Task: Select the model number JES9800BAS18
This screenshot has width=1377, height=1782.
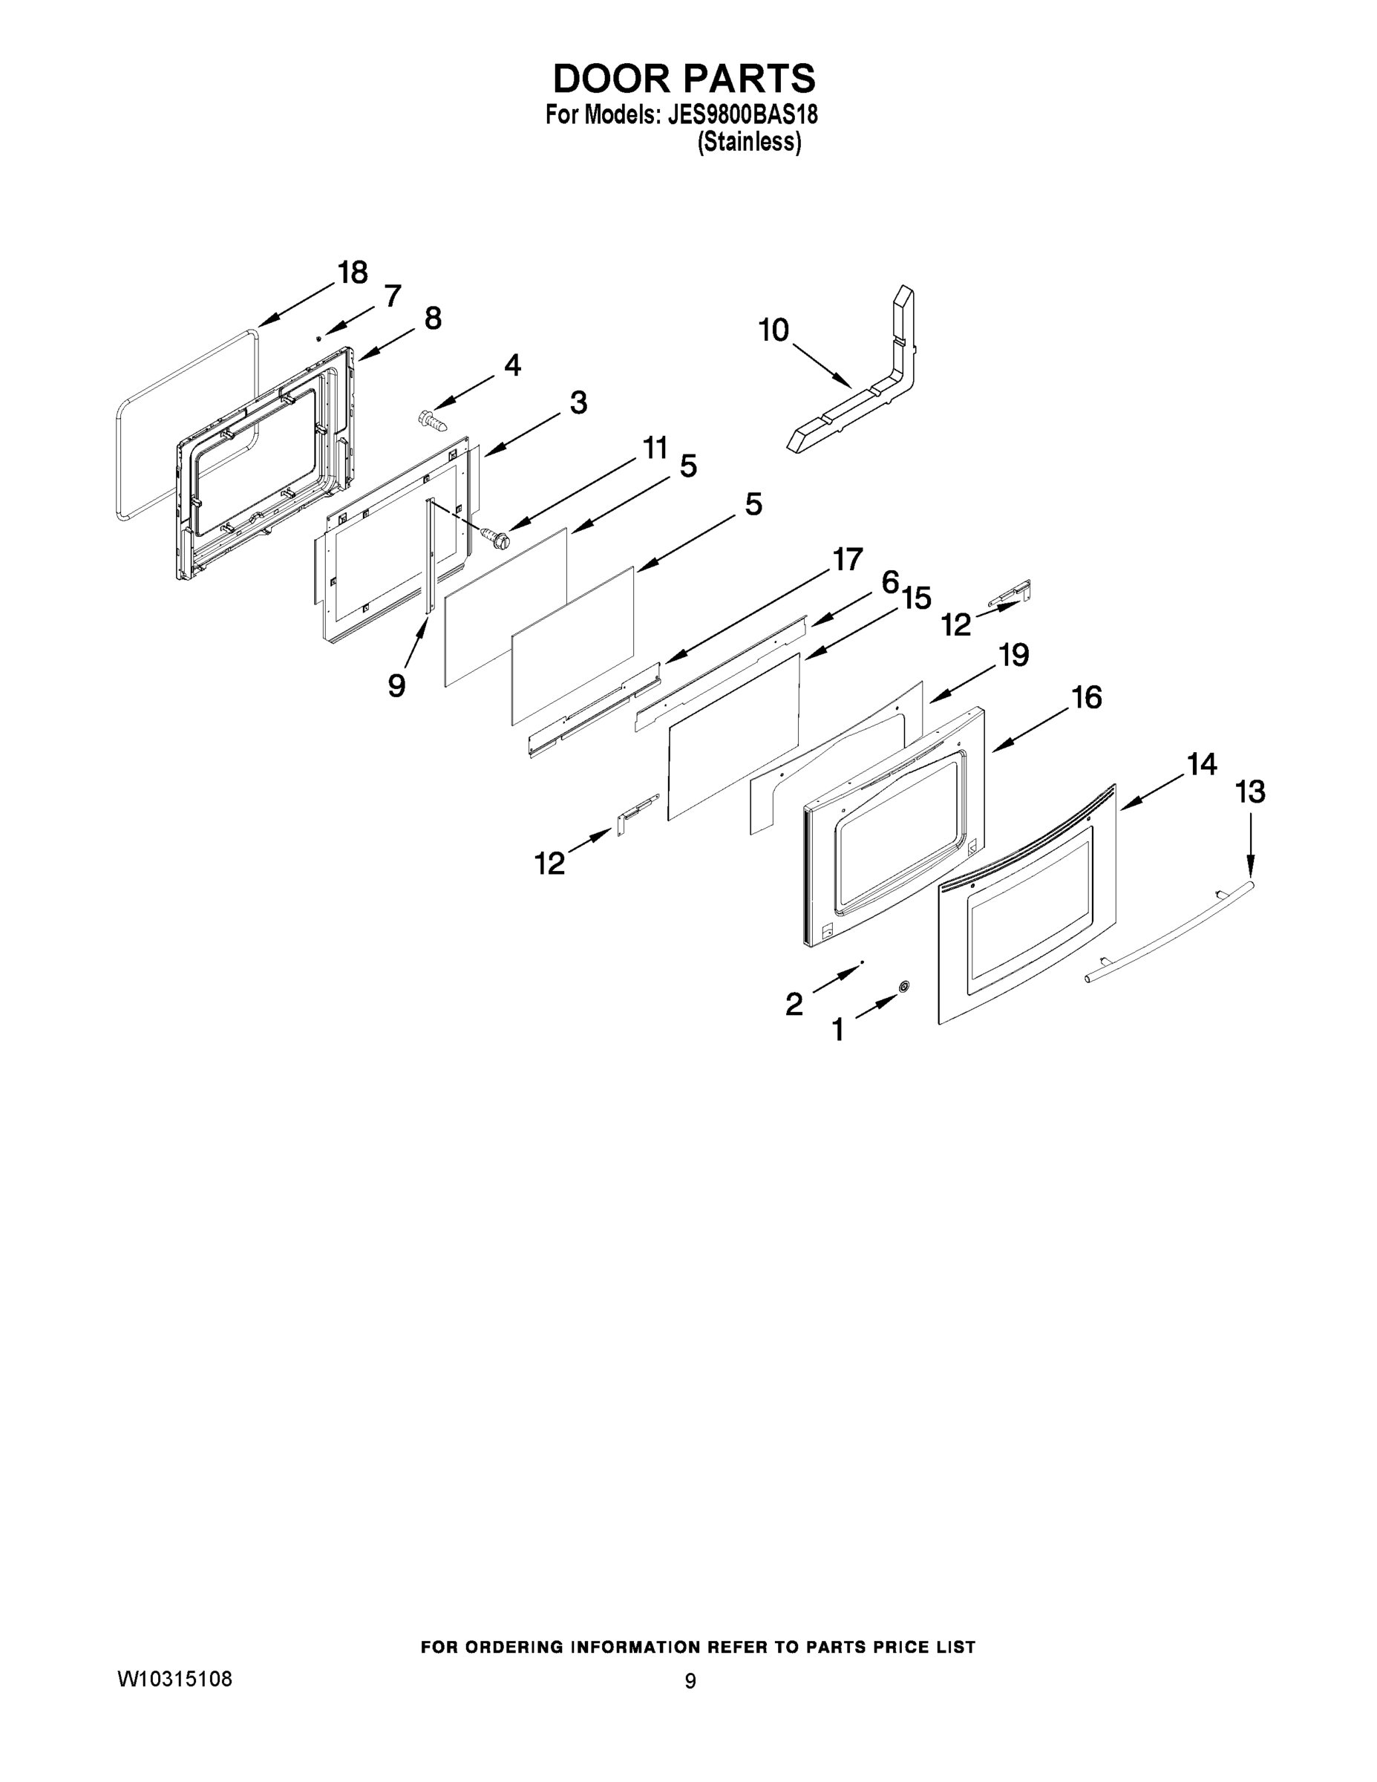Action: [x=742, y=115]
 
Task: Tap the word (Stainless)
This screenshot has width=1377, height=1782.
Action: [x=749, y=142]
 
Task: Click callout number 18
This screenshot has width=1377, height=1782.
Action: [x=353, y=272]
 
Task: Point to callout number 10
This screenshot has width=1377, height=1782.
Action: [x=773, y=330]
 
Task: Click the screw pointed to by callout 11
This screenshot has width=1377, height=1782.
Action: [x=494, y=537]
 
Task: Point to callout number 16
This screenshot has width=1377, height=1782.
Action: [x=1087, y=698]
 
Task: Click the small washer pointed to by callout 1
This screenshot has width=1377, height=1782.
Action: [x=903, y=988]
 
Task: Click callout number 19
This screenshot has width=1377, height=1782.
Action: [x=1014, y=654]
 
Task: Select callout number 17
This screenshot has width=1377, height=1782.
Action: [x=847, y=560]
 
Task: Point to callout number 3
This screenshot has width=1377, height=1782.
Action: [x=578, y=402]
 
